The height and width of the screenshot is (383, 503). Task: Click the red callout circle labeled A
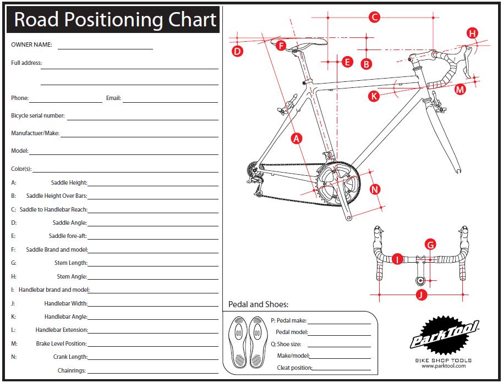pos(297,138)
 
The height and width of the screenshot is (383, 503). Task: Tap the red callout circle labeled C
pos(374,17)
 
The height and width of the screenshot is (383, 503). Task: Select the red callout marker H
pos(472,33)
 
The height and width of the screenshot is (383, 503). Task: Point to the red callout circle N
pos(374,190)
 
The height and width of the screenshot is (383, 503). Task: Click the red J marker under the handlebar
pos(420,295)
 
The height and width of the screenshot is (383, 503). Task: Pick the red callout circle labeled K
pos(374,96)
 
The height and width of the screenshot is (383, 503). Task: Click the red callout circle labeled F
pos(281,46)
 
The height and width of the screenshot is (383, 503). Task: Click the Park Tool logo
pos(444,337)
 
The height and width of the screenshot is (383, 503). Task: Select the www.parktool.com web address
pos(444,366)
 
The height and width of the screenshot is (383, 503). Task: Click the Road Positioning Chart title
pos(114,20)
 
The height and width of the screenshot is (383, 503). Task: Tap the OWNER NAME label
pos(31,45)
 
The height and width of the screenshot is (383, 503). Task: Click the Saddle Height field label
pos(69,182)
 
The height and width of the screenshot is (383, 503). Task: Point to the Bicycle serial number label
pos(38,116)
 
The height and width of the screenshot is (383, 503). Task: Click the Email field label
pos(113,98)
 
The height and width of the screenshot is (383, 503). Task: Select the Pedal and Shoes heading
pos(258,304)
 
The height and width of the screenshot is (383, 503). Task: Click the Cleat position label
pos(294,368)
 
